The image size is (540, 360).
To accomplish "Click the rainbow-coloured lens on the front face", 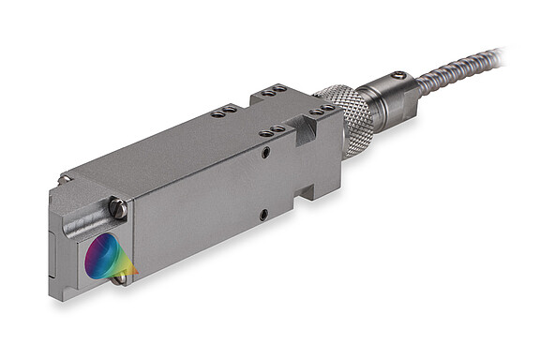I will click(103, 256).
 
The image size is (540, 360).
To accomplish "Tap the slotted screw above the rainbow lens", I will click(117, 209).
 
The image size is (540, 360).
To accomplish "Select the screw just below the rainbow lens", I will click(119, 277).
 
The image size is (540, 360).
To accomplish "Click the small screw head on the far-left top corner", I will click(63, 179).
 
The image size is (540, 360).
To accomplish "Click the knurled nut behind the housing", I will click(349, 116).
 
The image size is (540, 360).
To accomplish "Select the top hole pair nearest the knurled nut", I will click(323, 109).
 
